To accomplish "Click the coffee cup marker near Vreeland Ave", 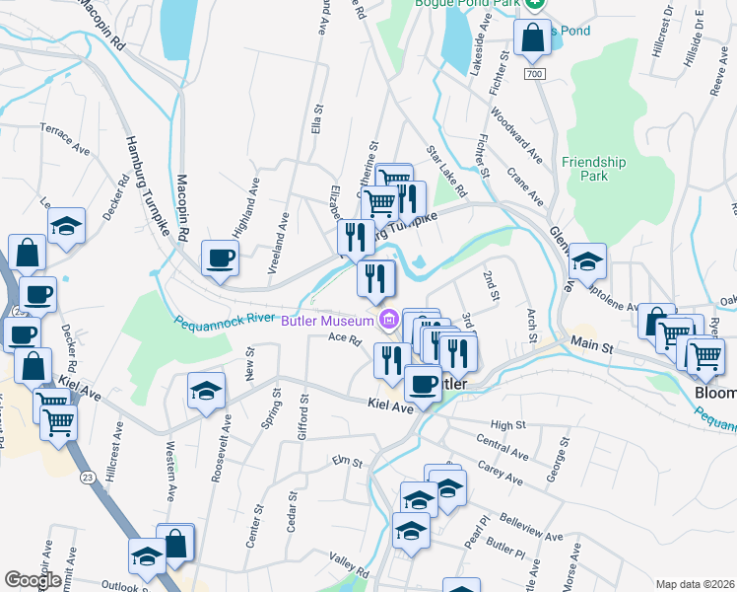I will click(220, 259).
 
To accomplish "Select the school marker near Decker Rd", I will click(66, 225).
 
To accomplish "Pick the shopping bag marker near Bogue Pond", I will click(532, 37).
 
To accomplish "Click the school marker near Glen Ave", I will click(588, 260).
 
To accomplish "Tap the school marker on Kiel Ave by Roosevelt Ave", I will click(206, 390).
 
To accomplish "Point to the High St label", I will click(509, 424).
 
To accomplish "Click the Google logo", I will click(33, 580).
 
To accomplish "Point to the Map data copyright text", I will click(696, 584).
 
